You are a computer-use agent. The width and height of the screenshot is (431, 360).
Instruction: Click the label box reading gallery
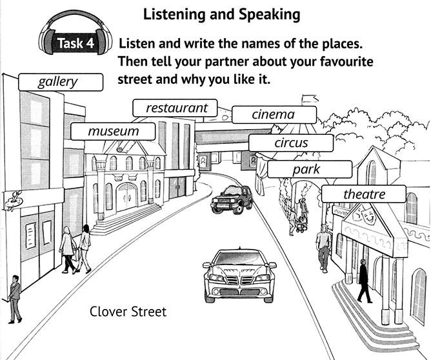coord(61,82)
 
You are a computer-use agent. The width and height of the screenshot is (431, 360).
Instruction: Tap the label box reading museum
coord(114,132)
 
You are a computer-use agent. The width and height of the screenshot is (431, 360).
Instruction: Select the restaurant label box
coord(175,108)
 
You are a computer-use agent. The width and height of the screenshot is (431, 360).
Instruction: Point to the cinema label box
coord(274,115)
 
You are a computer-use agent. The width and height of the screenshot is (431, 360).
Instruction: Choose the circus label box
coord(291,143)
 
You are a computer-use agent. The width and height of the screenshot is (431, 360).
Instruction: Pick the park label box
coord(310,170)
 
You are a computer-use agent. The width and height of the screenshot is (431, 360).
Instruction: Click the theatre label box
coord(363,194)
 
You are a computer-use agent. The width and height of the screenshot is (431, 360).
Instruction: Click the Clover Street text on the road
coord(128,312)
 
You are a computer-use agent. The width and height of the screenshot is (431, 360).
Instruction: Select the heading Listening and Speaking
coord(221,13)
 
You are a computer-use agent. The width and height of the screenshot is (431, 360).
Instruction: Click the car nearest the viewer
coord(239,276)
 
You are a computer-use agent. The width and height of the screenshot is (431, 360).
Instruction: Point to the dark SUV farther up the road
coord(232,199)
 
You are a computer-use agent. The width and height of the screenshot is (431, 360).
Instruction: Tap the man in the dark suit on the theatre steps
coord(363,281)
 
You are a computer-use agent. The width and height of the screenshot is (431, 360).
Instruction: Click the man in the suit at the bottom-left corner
coord(14,299)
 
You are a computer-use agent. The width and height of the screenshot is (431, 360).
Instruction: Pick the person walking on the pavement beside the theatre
coord(324,247)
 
